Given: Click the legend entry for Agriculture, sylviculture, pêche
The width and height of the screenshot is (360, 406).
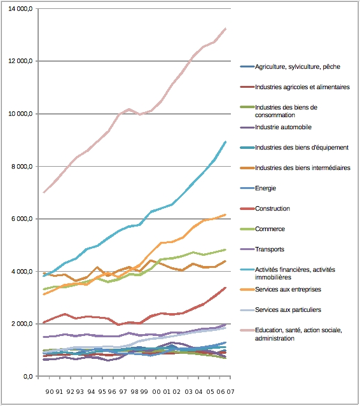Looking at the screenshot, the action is click(x=298, y=67).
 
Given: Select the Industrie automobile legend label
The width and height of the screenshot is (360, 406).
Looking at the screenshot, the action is click(x=283, y=127).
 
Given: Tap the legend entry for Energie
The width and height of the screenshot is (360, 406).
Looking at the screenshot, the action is click(x=265, y=188).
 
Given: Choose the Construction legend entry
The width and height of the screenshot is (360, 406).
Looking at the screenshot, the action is click(x=272, y=209).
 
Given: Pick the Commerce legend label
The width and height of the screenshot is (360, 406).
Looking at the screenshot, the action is click(x=270, y=229).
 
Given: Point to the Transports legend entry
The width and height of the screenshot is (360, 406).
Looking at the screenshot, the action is click(x=270, y=249).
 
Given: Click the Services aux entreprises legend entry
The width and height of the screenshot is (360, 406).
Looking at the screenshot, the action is click(x=287, y=290).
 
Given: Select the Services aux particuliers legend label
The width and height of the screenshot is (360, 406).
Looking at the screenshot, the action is click(x=287, y=310).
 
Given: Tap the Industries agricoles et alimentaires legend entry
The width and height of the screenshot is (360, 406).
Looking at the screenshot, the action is click(x=302, y=87).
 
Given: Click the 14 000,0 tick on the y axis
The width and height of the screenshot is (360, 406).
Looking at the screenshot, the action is click(x=20, y=9).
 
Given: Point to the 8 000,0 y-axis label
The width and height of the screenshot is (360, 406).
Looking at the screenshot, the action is click(x=22, y=167).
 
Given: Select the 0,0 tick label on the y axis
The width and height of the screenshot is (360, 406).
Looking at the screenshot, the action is click(x=28, y=376).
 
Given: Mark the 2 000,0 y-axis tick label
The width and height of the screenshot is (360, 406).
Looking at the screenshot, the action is click(x=22, y=324).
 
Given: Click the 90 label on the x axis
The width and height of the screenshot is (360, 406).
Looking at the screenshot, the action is click(x=49, y=392).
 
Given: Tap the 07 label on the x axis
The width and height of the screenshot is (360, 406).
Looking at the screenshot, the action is click(x=230, y=392).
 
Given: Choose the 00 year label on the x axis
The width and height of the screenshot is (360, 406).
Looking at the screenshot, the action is click(x=156, y=392).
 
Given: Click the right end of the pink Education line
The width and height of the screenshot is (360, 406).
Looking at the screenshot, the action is click(x=226, y=29).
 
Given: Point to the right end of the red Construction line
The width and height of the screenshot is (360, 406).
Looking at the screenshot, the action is click(x=226, y=288).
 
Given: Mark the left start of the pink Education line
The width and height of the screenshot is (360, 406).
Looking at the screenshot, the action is click(x=44, y=192).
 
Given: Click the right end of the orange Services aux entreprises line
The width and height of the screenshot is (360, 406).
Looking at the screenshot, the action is click(x=226, y=214).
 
